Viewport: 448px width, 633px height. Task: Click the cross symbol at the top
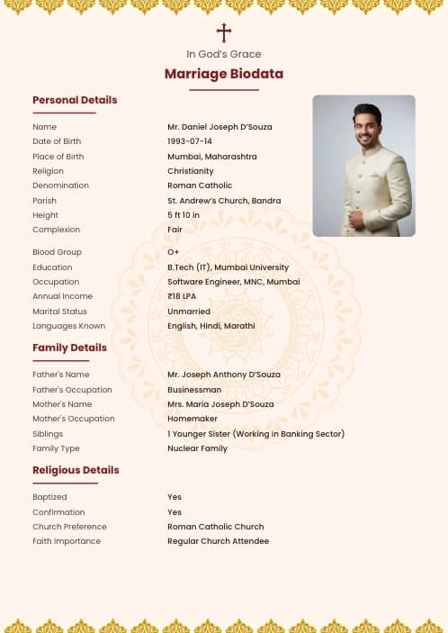(x=224, y=33)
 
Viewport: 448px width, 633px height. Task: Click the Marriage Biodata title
(x=224, y=74)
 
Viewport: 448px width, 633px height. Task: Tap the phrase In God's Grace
(x=224, y=54)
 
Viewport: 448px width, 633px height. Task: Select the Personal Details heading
(x=75, y=100)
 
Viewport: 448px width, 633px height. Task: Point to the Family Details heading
(x=69, y=348)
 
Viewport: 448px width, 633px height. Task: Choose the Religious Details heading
(x=76, y=470)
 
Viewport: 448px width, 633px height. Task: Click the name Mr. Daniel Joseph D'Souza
(x=220, y=127)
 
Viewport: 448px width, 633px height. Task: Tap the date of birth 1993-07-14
(x=190, y=141)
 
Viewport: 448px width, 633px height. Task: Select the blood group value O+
(x=174, y=252)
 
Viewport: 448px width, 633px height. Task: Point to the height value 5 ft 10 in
(x=184, y=215)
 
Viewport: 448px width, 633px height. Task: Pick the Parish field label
(x=44, y=201)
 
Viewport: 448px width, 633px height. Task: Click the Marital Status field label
(x=60, y=312)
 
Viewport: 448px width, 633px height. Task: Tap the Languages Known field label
(x=68, y=326)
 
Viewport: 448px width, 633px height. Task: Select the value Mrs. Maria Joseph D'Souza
(x=220, y=404)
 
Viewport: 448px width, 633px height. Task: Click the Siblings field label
(x=48, y=434)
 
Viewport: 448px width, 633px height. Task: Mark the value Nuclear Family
(x=197, y=448)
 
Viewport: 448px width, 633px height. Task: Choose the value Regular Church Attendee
(x=218, y=541)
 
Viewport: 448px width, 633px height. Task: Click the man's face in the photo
(x=366, y=131)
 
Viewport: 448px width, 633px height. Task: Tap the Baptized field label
(x=49, y=497)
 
